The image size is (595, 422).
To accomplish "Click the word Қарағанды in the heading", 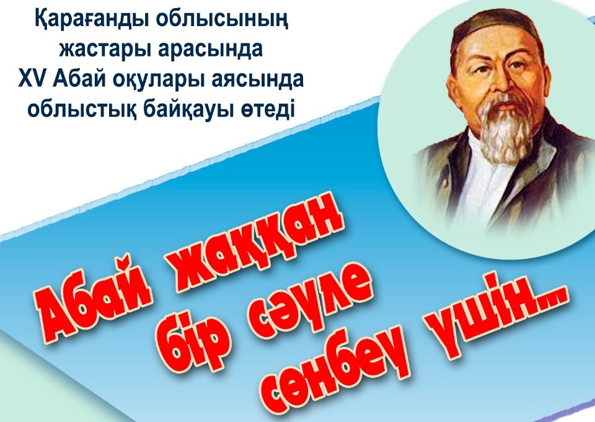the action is click(x=92, y=19).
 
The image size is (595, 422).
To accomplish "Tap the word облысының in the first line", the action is click(x=221, y=20).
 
